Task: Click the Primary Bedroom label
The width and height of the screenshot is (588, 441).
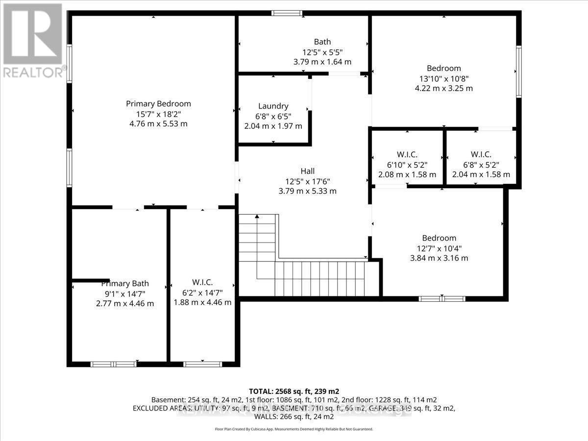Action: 158,103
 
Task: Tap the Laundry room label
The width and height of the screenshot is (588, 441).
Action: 273,106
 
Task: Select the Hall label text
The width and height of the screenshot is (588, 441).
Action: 307,171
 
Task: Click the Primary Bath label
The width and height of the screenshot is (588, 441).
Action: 125,283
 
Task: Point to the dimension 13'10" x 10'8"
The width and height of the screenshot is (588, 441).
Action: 443,78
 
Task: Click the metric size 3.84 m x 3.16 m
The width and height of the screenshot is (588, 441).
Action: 439,258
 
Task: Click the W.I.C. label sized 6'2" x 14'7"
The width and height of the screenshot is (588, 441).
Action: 202,282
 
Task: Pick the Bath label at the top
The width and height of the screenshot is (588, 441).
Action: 322,42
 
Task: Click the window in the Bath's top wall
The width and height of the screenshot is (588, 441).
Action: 287,13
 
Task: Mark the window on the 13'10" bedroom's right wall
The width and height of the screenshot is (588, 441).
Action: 518,72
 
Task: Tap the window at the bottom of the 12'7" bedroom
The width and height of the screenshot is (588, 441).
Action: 442,298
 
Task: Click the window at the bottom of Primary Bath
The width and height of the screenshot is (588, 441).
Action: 114,364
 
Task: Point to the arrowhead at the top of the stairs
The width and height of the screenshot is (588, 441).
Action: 257,217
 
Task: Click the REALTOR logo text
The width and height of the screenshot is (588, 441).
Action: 33,72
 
